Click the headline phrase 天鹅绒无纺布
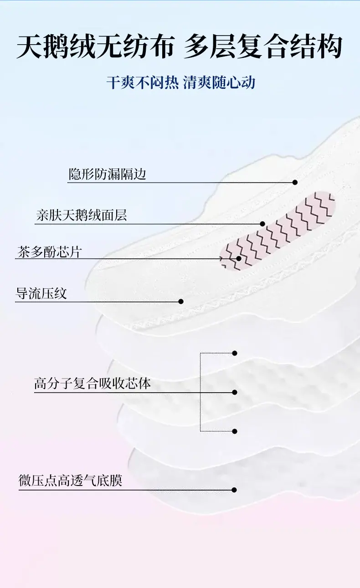pyautogui.click(x=96, y=47)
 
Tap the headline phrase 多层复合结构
pyautogui.click(x=263, y=47)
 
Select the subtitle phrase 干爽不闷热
pyautogui.click(x=143, y=82)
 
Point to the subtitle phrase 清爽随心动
pyautogui.click(x=219, y=82)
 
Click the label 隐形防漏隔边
pyautogui.click(x=107, y=174)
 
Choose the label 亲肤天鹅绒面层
pyautogui.click(x=82, y=215)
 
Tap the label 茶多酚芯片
pyautogui.click(x=49, y=252)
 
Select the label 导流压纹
pyautogui.click(x=41, y=293)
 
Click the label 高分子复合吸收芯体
pyautogui.click(x=93, y=383)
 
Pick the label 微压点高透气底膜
pyautogui.click(x=70, y=481)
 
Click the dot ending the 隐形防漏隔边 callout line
pyautogui.click(x=295, y=182)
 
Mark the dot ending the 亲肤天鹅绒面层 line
pyautogui.click(x=262, y=224)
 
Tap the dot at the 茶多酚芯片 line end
pyautogui.click(x=239, y=259)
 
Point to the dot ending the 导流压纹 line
pyautogui.click(x=180, y=302)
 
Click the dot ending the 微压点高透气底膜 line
pyautogui.click(x=234, y=490)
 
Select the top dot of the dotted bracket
pyautogui.click(x=235, y=353)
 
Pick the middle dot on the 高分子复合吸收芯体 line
pyautogui.click(x=235, y=392)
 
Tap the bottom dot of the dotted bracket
pyautogui.click(x=235, y=431)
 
